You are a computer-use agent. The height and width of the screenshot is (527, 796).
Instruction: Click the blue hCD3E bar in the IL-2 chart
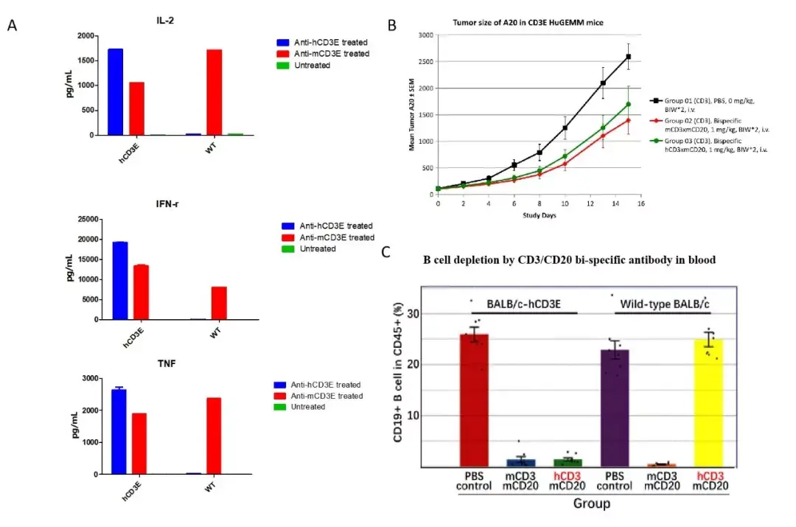tap(115, 92)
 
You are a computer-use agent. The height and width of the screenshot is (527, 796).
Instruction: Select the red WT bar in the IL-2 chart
tap(214, 92)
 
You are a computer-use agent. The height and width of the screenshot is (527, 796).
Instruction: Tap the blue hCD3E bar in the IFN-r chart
tap(120, 281)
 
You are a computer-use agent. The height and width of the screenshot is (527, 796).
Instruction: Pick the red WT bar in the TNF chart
tap(214, 436)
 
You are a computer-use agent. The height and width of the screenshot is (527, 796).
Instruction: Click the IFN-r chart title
tap(167, 204)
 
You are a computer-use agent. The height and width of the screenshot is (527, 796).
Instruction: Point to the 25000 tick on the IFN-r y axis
tap(88, 220)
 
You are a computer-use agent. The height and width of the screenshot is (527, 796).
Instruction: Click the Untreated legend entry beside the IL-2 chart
tap(304, 66)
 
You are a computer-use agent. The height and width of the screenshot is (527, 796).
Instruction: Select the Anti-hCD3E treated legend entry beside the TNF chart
tap(317, 385)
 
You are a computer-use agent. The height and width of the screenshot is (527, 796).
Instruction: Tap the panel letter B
tap(392, 25)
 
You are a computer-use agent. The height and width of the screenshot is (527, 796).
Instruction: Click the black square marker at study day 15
tap(629, 57)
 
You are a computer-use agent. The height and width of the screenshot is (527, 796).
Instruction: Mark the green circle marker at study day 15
tap(629, 104)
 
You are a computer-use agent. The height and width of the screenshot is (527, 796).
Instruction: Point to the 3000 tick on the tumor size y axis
tap(425, 35)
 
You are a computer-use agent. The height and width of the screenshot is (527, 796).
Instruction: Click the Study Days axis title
tap(539, 215)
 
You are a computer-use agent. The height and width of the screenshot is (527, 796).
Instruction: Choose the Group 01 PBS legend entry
tap(702, 105)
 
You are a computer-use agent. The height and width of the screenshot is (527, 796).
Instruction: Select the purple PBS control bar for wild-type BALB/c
tap(615, 408)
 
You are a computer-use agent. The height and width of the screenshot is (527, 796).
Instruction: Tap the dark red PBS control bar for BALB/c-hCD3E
tap(474, 400)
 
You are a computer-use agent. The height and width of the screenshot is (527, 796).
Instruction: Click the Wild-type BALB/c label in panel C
tap(665, 304)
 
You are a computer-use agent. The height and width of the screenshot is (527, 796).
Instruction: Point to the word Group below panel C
tap(591, 503)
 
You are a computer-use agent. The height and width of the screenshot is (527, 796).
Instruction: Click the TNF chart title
tap(167, 363)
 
